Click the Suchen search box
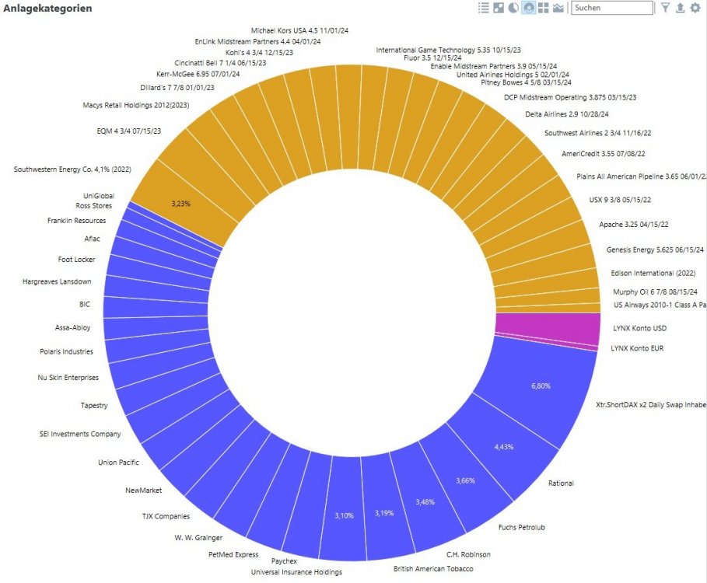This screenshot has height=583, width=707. tap(611, 8)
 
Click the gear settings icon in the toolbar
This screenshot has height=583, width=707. tap(695, 8)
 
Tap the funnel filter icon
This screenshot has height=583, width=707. tap(665, 8)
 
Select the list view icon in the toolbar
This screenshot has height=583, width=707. tap(484, 8)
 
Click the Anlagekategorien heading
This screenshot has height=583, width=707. tap(48, 9)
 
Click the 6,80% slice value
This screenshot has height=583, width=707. tap(541, 386)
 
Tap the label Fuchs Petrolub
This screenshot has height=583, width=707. tap(522, 528)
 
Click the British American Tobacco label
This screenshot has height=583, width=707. tap(432, 569)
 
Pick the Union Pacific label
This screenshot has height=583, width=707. tap(118, 463)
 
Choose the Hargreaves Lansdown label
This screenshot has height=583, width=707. tap(57, 281)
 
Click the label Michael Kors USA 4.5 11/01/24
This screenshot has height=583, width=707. tap(299, 30)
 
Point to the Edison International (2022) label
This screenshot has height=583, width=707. tap(653, 274)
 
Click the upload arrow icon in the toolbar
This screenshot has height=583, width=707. tap(680, 8)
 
